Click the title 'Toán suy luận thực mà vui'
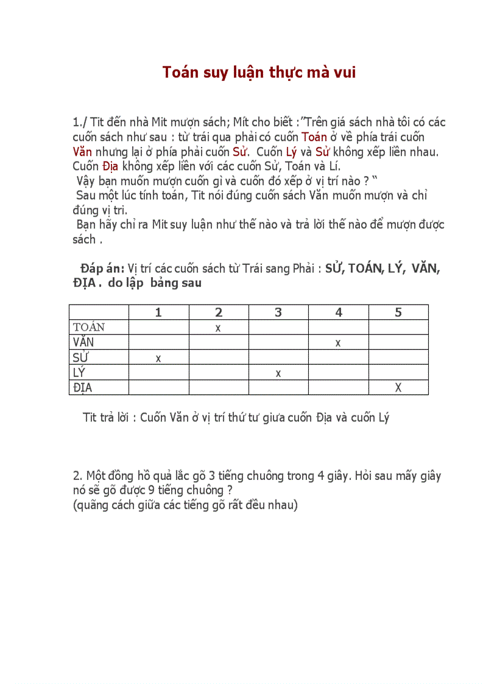point(259,72)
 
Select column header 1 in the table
point(158,312)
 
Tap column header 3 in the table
point(278,312)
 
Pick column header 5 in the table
point(398,312)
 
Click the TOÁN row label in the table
point(89,328)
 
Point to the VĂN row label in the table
point(83,342)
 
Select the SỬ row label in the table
point(80,358)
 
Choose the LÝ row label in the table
point(79,373)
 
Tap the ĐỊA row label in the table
point(83,388)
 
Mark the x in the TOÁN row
point(218,328)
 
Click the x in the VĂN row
point(338,344)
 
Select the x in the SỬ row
point(158,359)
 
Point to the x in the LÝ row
point(278,373)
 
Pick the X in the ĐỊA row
point(398,388)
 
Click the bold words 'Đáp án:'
point(102,269)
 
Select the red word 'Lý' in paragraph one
point(291,151)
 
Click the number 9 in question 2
point(151,490)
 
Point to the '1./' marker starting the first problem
point(80,122)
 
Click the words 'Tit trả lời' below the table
point(108,418)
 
